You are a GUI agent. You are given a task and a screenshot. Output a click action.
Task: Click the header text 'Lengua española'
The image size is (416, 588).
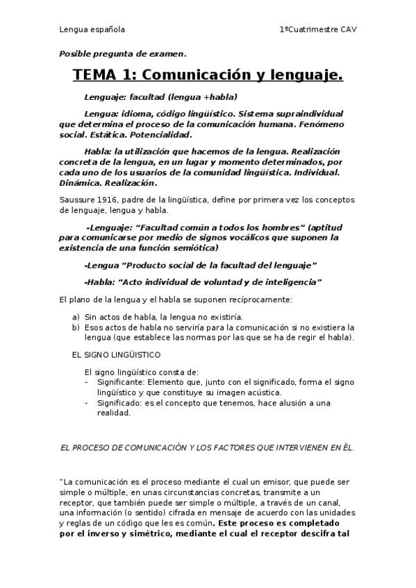[92, 30]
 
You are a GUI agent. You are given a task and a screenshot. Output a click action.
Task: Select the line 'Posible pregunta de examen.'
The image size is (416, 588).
[122, 53]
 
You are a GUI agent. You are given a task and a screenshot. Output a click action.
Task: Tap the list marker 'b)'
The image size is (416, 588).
[76, 327]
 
